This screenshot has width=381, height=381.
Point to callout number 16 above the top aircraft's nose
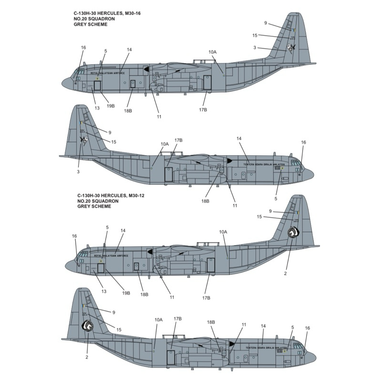pyautogui.click(x=83, y=48)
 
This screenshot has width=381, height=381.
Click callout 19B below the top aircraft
pyautogui.click(x=111, y=106)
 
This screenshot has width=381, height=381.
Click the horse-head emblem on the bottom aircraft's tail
pyautogui.click(x=87, y=326)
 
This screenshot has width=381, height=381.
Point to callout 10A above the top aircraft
pyautogui.click(x=212, y=51)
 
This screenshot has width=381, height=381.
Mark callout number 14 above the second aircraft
pyautogui.click(x=239, y=139)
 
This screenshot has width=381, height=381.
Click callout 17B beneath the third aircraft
pyautogui.click(x=206, y=297)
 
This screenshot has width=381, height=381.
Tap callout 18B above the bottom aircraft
pyautogui.click(x=212, y=322)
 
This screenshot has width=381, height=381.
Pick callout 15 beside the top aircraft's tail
pyautogui.click(x=255, y=35)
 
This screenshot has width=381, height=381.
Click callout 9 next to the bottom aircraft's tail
pyautogui.click(x=113, y=312)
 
